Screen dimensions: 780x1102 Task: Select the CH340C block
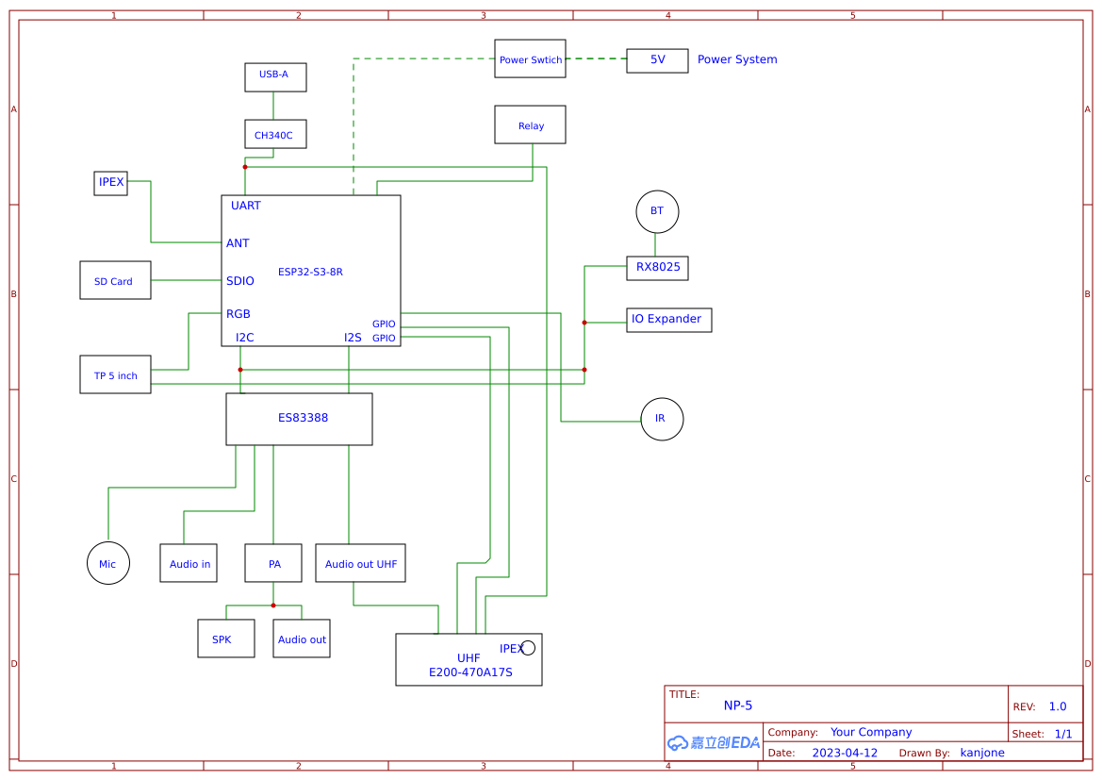(x=275, y=134)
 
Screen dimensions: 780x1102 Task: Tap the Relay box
(x=530, y=124)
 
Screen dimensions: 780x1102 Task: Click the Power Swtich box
(x=530, y=58)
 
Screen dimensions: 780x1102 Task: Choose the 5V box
(x=657, y=60)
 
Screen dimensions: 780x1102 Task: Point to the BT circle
(x=657, y=211)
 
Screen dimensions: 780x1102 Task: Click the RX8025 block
(x=657, y=268)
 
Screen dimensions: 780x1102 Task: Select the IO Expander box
(x=668, y=320)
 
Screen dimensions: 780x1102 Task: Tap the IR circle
(x=662, y=419)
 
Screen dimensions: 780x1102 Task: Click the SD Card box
(x=115, y=280)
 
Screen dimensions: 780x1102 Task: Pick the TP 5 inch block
(x=115, y=374)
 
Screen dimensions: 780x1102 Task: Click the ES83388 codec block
(x=299, y=419)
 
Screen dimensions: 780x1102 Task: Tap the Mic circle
(x=107, y=563)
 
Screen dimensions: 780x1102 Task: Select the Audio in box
(x=189, y=563)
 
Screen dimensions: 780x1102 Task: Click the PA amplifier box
(x=273, y=563)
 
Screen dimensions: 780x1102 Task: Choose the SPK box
(x=225, y=639)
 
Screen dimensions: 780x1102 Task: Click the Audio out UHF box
(x=360, y=563)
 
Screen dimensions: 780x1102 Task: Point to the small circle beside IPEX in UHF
(x=528, y=647)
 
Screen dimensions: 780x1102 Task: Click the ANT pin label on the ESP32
(x=238, y=243)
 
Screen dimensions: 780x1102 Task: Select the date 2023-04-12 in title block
(x=845, y=753)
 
